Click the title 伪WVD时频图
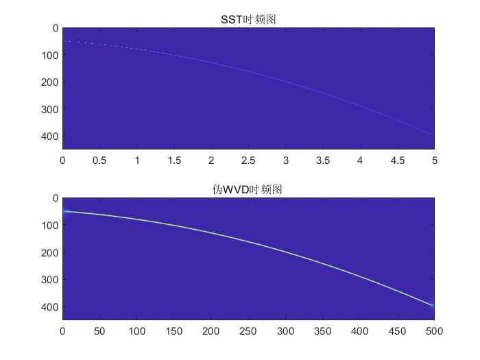pos(248,189)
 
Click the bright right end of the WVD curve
pos(431,305)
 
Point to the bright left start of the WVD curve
pos(66,211)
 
